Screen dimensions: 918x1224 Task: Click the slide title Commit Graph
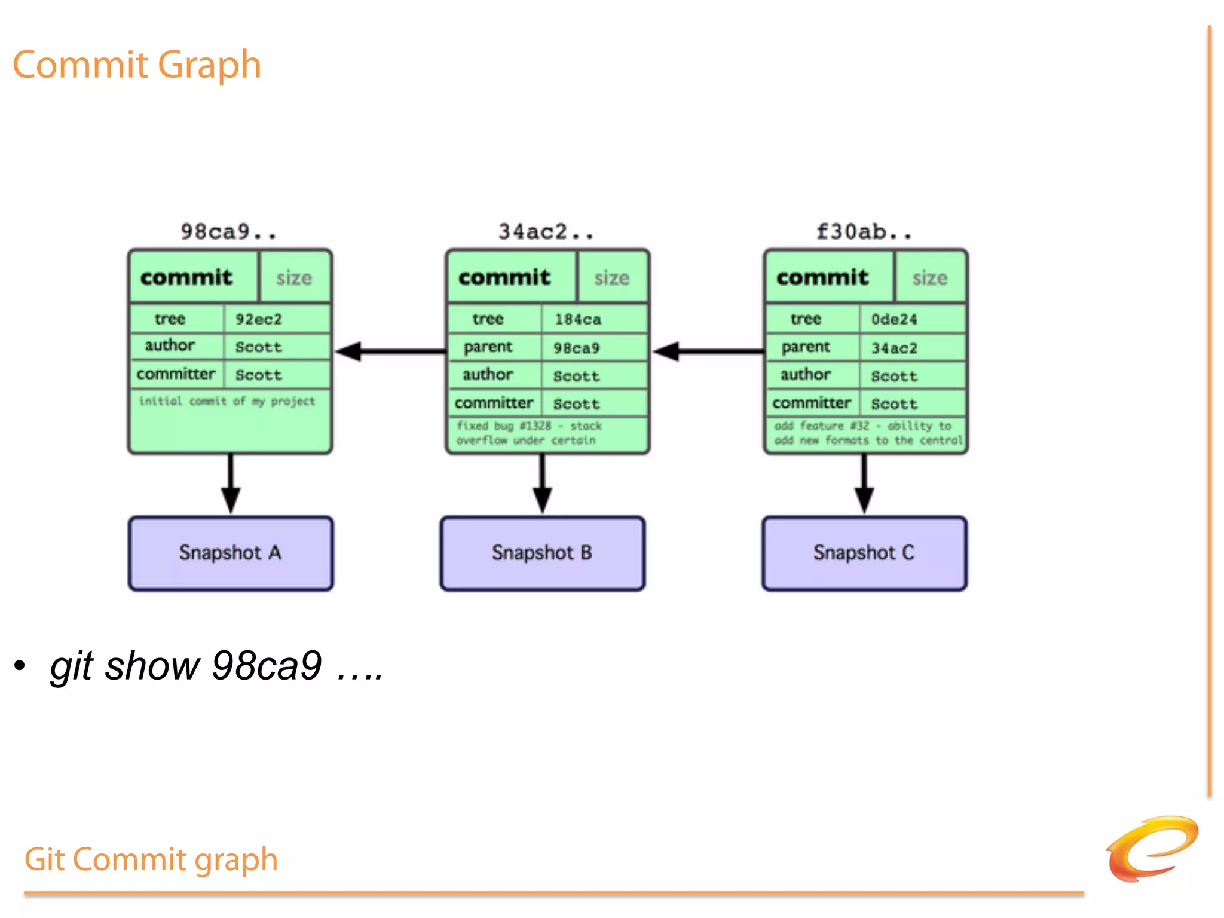[x=137, y=65]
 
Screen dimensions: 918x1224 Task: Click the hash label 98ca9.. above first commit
[x=229, y=232]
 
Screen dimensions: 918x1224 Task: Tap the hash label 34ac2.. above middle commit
[x=546, y=232]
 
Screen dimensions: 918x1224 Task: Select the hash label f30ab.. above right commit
[x=864, y=232]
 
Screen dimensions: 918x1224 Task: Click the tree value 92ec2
[x=258, y=319]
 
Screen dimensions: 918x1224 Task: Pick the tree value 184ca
[x=577, y=319]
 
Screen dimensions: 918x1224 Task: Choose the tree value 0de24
[x=894, y=319]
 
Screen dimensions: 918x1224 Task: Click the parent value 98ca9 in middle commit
[x=576, y=348]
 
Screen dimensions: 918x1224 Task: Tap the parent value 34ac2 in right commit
[x=894, y=348]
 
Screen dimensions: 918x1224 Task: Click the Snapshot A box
[x=231, y=553]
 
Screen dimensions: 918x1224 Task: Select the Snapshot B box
[x=543, y=553]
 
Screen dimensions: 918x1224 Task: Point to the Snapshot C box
[x=864, y=553]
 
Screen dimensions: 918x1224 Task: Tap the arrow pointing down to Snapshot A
[x=231, y=484]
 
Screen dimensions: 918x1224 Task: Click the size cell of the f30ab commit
[x=930, y=278]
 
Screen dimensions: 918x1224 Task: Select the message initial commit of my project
[x=227, y=401]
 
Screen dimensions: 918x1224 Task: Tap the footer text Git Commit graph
[x=151, y=859]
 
